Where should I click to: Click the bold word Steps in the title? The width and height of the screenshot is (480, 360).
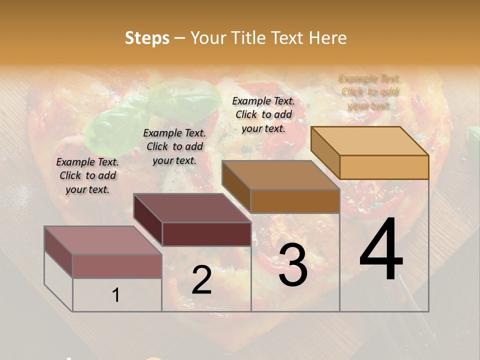147,38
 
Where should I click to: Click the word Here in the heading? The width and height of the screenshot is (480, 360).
327,38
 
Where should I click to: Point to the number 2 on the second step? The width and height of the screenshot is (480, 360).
201,280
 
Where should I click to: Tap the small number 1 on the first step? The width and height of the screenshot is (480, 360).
116,295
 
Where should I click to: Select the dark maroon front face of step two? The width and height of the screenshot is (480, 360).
206,234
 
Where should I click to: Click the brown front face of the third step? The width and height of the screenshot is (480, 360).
295,201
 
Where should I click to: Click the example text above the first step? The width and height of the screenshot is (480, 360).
87,175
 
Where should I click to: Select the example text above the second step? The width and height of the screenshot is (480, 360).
174,146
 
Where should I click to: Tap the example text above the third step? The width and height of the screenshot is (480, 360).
263,114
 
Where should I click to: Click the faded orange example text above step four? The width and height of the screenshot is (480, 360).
369,92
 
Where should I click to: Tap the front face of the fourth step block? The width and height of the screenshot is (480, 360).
384,167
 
